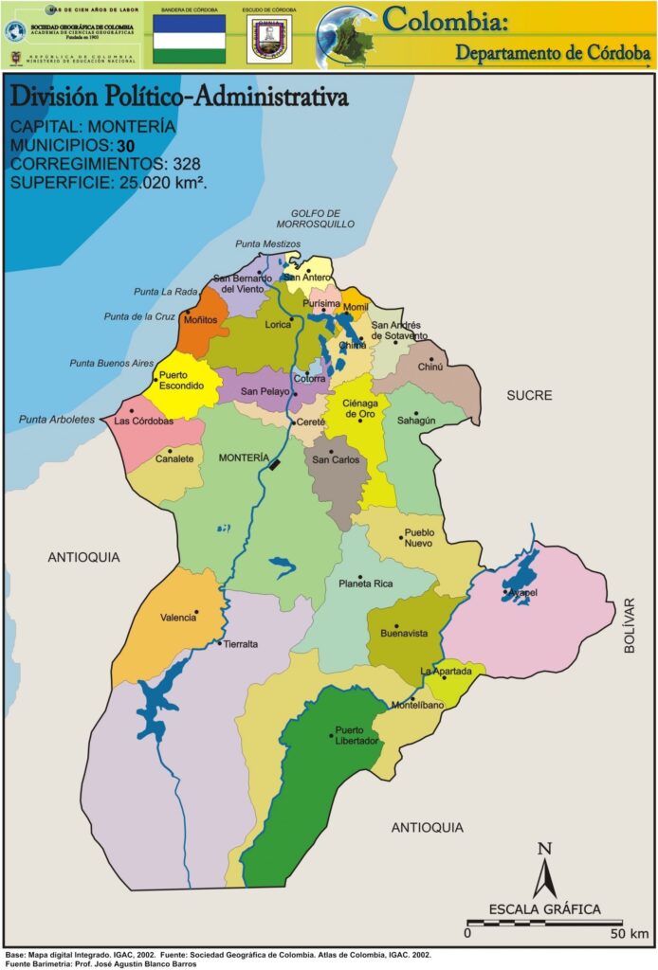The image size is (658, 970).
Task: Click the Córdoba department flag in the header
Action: (190, 39)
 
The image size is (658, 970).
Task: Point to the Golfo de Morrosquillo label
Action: (316, 219)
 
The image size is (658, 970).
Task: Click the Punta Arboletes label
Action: (57, 419)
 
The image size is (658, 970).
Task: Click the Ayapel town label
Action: (522, 593)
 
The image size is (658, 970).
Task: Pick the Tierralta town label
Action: (241, 644)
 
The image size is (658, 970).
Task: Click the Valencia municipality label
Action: (178, 618)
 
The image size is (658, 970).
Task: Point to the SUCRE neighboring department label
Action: (529, 395)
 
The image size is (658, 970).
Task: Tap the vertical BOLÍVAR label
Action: (630, 625)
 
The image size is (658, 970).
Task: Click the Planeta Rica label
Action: (365, 584)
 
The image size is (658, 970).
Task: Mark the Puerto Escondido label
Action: (181, 381)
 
